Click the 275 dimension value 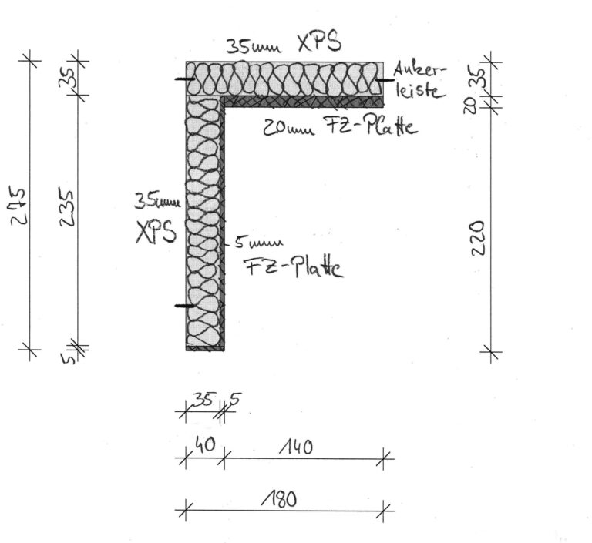tap(18, 206)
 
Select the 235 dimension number tap(67, 208)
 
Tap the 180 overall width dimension tap(279, 499)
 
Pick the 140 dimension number tap(297, 447)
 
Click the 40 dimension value tap(205, 445)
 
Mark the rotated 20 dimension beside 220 tap(469, 105)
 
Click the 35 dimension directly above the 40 tap(203, 399)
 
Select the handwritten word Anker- tap(420, 70)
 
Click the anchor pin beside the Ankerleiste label tap(385, 80)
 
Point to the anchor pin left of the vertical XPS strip tap(185, 305)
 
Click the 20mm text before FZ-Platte tap(288, 129)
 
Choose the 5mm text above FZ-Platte tap(259, 243)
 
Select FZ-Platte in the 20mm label tap(371, 126)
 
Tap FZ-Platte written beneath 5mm tap(294, 267)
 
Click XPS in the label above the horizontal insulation tap(319, 42)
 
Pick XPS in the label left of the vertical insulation tap(156, 232)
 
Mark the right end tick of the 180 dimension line tap(383, 511)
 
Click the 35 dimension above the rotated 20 tap(484, 78)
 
